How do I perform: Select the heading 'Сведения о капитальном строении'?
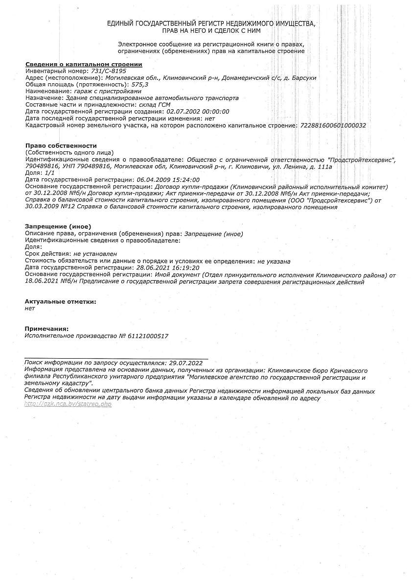tap(84, 64)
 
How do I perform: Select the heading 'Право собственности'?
tap(61, 146)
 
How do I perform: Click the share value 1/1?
tap(49, 173)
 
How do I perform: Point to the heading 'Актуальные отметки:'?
tap(60, 302)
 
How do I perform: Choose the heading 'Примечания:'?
tap(46, 329)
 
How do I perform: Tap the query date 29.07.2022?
tap(185, 363)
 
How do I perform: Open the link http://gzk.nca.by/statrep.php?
tap(68, 404)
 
